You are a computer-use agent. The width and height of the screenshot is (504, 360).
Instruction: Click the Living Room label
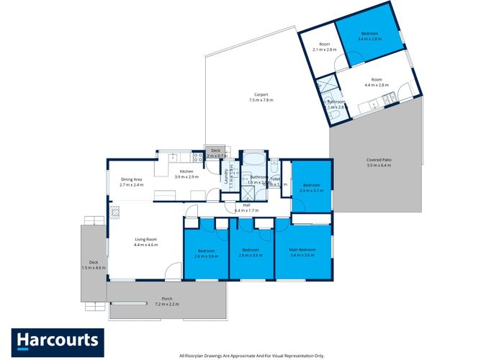coord(145,242)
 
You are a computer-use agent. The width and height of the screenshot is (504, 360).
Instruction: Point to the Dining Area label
coord(132,182)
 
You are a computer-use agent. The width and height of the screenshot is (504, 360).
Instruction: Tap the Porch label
coord(166,302)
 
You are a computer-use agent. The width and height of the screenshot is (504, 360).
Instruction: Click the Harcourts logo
coord(58,340)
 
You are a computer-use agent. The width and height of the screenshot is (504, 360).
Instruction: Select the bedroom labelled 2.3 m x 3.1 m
coord(311,187)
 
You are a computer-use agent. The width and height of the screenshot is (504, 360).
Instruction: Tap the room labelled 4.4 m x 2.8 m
coord(376,82)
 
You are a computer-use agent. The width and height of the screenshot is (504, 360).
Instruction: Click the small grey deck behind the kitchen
coord(217,153)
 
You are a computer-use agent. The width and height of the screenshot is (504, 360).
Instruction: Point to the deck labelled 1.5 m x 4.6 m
coord(94,264)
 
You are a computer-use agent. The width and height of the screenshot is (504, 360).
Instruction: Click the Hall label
coord(246,207)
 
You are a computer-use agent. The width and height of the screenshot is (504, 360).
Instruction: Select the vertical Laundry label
coord(225,176)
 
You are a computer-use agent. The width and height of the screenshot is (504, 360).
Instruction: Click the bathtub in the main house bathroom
coord(252,158)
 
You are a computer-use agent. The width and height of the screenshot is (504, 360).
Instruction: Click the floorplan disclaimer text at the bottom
coord(252,355)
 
